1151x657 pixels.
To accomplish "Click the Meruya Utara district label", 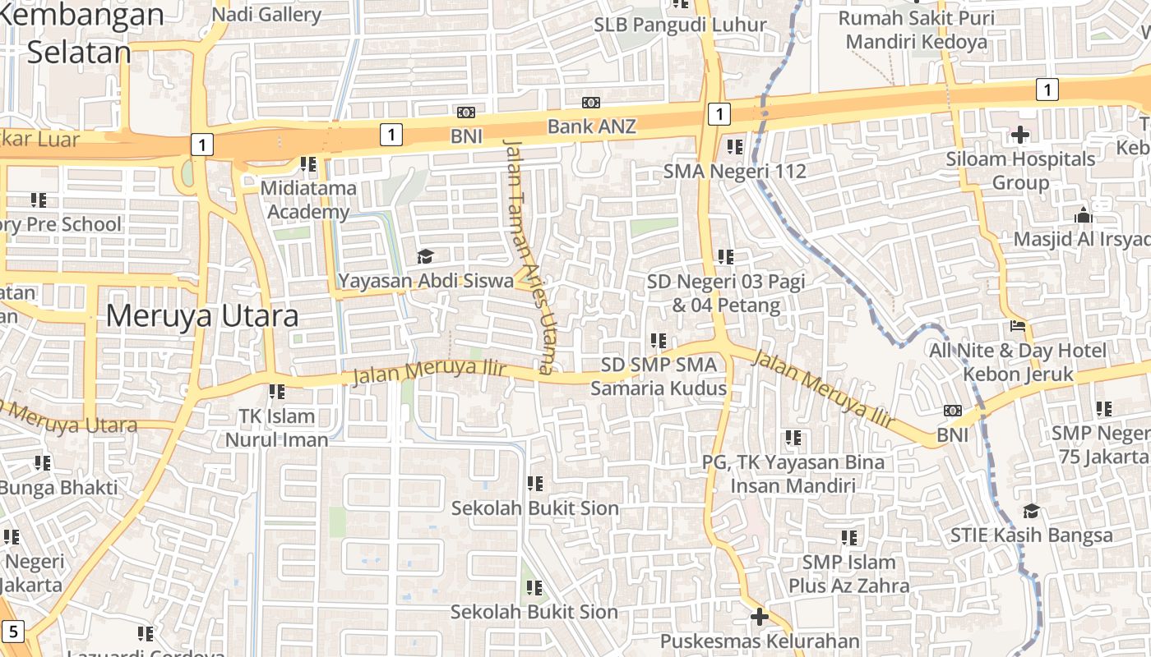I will click(201, 315).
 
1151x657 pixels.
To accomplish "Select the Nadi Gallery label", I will click(266, 15).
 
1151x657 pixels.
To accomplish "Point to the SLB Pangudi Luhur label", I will click(680, 25).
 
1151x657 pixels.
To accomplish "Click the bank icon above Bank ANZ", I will click(591, 103).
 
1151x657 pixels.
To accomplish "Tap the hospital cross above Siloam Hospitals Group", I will click(1020, 134).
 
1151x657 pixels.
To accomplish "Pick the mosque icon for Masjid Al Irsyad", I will click(1083, 215).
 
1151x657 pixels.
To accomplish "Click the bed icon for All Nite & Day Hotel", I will click(1018, 326).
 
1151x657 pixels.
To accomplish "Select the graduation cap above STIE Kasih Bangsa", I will click(1031, 511).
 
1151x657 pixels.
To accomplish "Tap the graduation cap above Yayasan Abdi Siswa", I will click(425, 256).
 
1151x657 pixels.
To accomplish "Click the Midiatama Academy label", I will click(308, 200).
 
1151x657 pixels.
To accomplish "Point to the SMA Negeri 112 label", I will click(735, 172).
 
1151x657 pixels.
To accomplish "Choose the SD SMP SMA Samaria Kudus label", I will click(659, 376).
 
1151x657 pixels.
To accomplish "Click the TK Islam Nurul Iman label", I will click(276, 427).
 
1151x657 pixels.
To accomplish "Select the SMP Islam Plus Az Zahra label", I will click(849, 573).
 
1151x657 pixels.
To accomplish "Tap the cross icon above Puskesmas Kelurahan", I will click(759, 616).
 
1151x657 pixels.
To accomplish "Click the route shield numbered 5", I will click(13, 632).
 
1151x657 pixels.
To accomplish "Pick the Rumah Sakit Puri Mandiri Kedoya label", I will click(917, 30).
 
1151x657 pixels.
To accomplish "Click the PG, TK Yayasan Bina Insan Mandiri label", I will click(793, 473).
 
